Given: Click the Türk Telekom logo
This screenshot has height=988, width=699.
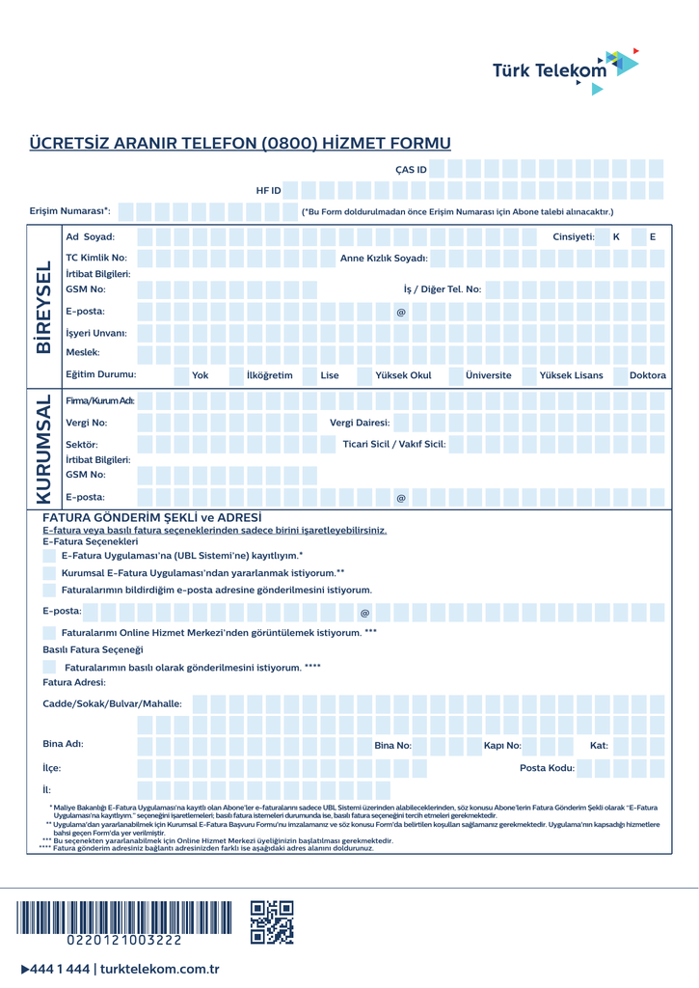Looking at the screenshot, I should (564, 69).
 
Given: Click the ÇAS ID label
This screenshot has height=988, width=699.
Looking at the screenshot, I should (411, 170).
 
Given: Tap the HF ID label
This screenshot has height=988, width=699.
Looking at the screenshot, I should (268, 190).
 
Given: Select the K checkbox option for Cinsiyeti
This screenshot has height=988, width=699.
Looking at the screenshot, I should (616, 236).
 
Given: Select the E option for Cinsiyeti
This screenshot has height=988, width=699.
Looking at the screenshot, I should (653, 236).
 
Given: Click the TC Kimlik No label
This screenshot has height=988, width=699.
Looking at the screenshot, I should (96, 258).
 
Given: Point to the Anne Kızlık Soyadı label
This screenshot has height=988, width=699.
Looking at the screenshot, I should (384, 258).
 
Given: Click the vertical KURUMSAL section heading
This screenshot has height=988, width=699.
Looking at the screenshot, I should (43, 449).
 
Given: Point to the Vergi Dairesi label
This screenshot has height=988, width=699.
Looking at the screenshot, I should (360, 423).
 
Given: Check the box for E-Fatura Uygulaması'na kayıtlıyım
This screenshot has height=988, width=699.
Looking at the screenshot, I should (49, 555).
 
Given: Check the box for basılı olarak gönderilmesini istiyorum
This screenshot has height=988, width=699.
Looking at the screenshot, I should (49, 667).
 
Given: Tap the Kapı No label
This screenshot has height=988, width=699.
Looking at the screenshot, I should (501, 745).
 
